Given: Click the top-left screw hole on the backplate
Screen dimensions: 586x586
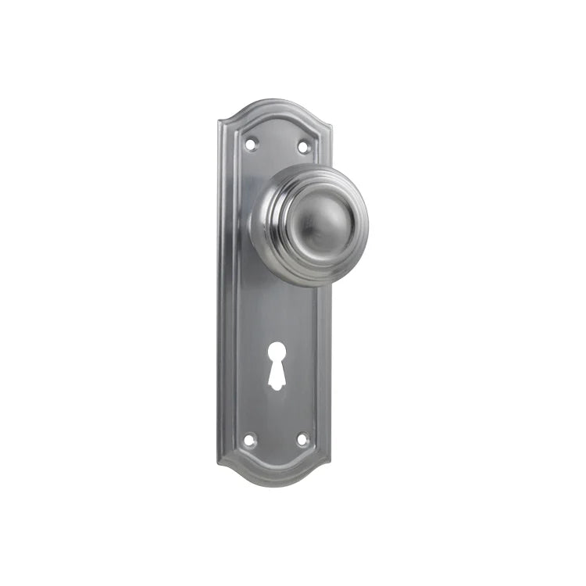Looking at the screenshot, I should pos(251,144).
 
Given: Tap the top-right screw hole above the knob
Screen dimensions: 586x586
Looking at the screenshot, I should pos(304,145).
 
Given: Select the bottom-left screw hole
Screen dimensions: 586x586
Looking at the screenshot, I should pos(250,439).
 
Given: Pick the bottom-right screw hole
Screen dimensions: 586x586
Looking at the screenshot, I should pos(303,439).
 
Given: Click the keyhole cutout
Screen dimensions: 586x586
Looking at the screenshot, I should pos(276,374).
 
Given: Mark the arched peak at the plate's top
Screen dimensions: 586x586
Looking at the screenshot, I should pos(274,101).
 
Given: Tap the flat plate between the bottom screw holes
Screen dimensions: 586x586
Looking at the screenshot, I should pos(277,440).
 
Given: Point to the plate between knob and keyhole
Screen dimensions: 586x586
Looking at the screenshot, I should pos(276,320).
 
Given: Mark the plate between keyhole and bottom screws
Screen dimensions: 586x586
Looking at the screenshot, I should pos(276,414).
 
